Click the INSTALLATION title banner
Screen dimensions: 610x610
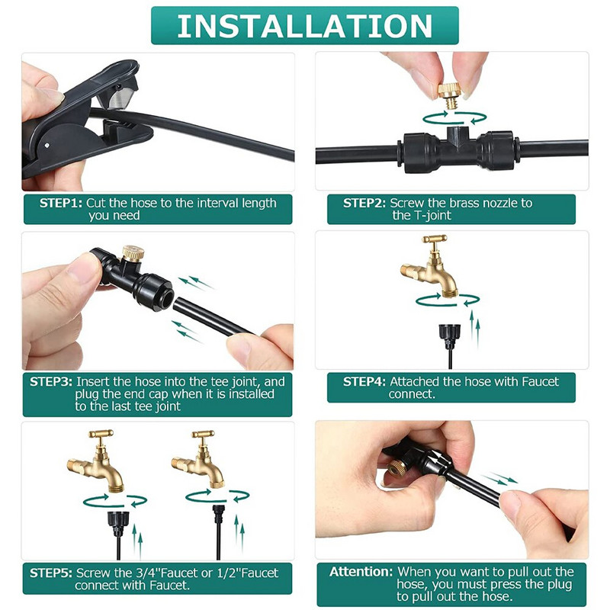tap(304, 26)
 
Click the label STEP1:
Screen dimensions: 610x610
tap(61, 203)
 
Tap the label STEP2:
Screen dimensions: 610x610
tap(364, 203)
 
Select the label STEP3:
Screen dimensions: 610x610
tap(51, 382)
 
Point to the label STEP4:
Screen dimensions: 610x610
tap(364, 382)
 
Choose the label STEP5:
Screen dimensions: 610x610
tap(51, 573)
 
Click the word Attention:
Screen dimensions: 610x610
tap(361, 572)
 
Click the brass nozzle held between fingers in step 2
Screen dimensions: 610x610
tap(450, 95)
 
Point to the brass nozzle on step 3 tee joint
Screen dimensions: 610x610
tap(133, 253)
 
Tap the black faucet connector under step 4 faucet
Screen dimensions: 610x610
tap(450, 335)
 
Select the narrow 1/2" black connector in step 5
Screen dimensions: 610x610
tap(219, 513)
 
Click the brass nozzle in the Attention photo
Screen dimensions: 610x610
tap(397, 468)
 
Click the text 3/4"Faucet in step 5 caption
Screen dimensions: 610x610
tap(158, 573)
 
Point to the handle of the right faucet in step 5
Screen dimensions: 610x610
tap(203, 434)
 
